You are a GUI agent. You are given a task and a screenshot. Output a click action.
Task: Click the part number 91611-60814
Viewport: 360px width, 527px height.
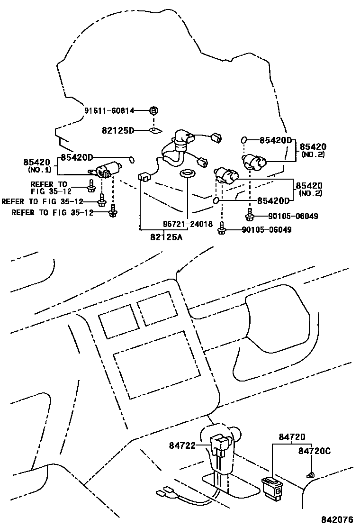pyautogui.click(x=109, y=111)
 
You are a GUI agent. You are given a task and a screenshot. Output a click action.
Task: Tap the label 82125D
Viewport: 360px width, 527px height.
pyautogui.click(x=118, y=130)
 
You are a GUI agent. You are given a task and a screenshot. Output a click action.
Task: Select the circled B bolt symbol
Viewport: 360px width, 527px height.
pyautogui.click(x=153, y=111)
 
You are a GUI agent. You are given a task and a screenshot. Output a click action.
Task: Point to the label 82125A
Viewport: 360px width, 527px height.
pyautogui.click(x=166, y=236)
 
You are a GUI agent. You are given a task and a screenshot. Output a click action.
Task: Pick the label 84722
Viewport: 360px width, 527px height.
pyautogui.click(x=182, y=445)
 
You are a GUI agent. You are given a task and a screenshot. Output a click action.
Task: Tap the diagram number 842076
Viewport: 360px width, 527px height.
pyautogui.click(x=337, y=518)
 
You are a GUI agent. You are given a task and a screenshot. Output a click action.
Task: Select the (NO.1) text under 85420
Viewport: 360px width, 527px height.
pyautogui.click(x=39, y=169)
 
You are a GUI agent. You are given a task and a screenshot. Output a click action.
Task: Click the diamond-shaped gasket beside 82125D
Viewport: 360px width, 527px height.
pyautogui.click(x=154, y=129)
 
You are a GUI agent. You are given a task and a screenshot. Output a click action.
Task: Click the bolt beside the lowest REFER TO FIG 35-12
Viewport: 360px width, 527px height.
pyautogui.click(x=113, y=211)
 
